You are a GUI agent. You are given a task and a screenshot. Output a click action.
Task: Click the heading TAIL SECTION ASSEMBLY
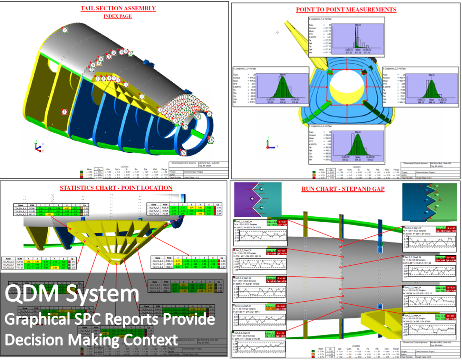tap(118, 8)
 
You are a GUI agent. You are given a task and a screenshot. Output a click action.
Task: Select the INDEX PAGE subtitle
tap(117, 16)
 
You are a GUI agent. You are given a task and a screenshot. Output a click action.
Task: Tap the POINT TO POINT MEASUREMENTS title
tap(346, 10)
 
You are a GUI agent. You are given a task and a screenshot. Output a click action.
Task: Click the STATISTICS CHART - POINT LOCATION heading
tap(116, 188)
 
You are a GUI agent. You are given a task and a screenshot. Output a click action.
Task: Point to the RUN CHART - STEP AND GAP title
tap(343, 189)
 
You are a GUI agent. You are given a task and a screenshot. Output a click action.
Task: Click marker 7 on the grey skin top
tap(65, 30)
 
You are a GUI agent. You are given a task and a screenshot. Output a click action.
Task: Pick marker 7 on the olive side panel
tap(64, 112)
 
